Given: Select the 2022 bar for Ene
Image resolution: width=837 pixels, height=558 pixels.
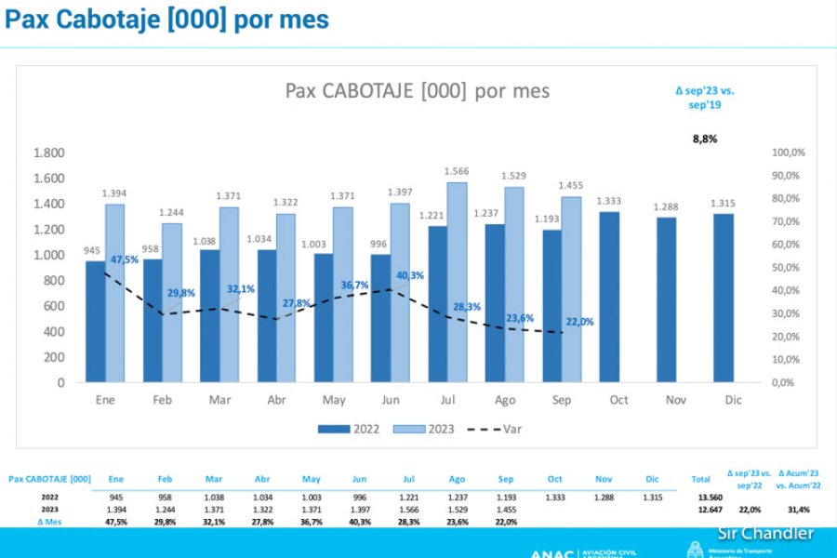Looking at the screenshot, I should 95,321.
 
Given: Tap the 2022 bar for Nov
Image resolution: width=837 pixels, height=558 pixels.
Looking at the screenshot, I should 667,299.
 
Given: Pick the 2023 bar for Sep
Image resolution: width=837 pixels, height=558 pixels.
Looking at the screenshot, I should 571,288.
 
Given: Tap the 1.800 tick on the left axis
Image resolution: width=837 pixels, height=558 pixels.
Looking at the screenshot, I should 48,153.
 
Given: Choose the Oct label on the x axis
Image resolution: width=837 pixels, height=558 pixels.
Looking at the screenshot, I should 618,400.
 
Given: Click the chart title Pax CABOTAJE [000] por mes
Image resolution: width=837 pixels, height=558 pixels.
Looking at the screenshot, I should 417,91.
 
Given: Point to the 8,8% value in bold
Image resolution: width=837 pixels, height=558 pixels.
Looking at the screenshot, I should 705,139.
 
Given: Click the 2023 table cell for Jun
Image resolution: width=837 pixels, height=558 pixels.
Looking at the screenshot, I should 360,510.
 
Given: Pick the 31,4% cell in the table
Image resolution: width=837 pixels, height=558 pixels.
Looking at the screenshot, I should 797,510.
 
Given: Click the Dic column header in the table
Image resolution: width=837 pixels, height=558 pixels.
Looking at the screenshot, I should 652,479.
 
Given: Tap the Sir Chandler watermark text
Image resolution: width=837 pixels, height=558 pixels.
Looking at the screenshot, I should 765,533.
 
